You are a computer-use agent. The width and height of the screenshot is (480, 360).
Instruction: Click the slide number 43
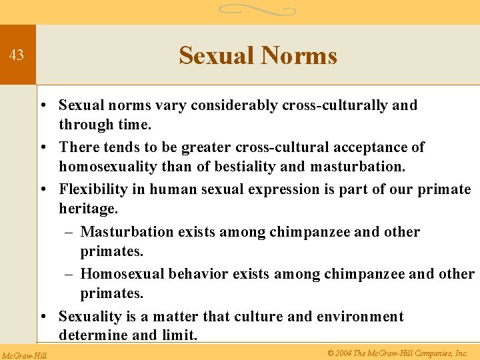tap(17, 55)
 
